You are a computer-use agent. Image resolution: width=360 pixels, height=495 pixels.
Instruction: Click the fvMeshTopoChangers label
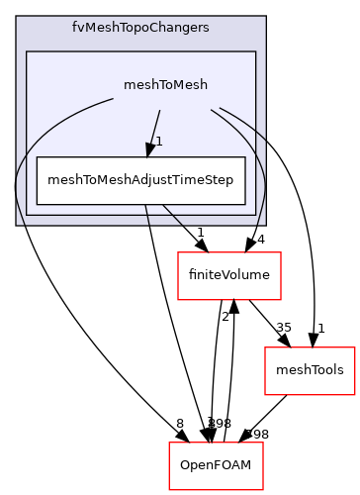[140, 28]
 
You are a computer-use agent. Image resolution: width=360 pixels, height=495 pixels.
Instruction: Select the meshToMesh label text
[165, 84]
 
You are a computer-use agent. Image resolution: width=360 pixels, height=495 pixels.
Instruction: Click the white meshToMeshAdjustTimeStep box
[140, 180]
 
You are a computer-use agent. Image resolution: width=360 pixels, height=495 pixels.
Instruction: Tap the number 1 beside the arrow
[158, 141]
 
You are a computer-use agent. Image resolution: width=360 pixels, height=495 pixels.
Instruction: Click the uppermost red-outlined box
[229, 276]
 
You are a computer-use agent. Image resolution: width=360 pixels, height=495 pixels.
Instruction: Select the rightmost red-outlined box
[310, 371]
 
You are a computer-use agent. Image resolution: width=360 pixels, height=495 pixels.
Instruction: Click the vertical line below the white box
[147, 215]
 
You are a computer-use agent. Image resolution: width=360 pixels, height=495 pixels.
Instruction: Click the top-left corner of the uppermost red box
[178, 252]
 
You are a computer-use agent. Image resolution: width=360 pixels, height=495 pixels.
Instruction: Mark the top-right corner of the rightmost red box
[355, 347]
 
